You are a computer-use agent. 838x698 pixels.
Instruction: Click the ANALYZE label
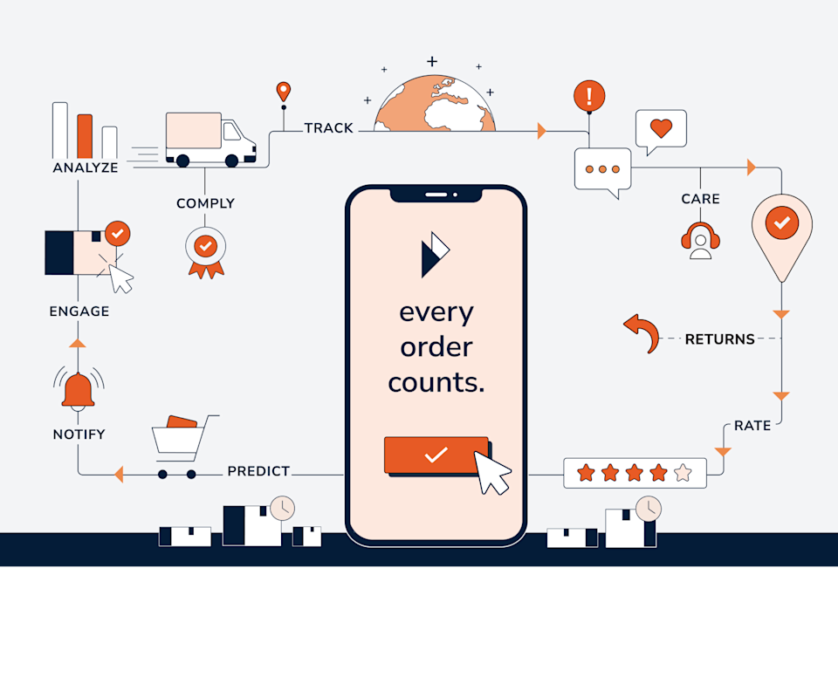[85, 168]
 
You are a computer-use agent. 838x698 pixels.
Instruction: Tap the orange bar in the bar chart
[85, 136]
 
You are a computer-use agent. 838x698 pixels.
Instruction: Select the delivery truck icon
[209, 140]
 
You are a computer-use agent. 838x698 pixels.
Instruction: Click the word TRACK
[328, 128]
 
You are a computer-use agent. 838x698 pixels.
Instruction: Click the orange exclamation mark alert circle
[589, 95]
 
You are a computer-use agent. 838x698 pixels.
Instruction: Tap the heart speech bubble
[661, 130]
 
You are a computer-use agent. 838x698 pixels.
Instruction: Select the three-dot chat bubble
[602, 169]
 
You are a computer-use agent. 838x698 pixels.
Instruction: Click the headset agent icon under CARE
[700, 240]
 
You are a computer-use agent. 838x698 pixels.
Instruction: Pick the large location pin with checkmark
[781, 229]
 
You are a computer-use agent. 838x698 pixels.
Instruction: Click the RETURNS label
[719, 339]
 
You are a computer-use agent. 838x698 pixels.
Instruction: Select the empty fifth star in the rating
[683, 473]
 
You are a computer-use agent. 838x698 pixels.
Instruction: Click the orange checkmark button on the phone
[436, 455]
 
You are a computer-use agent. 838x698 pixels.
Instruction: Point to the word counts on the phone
[436, 382]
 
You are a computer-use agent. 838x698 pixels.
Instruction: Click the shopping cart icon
[182, 445]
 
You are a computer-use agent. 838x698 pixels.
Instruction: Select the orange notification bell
[78, 390]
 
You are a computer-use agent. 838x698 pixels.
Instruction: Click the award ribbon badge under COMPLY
[205, 250]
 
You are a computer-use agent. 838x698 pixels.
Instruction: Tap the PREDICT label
[258, 471]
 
